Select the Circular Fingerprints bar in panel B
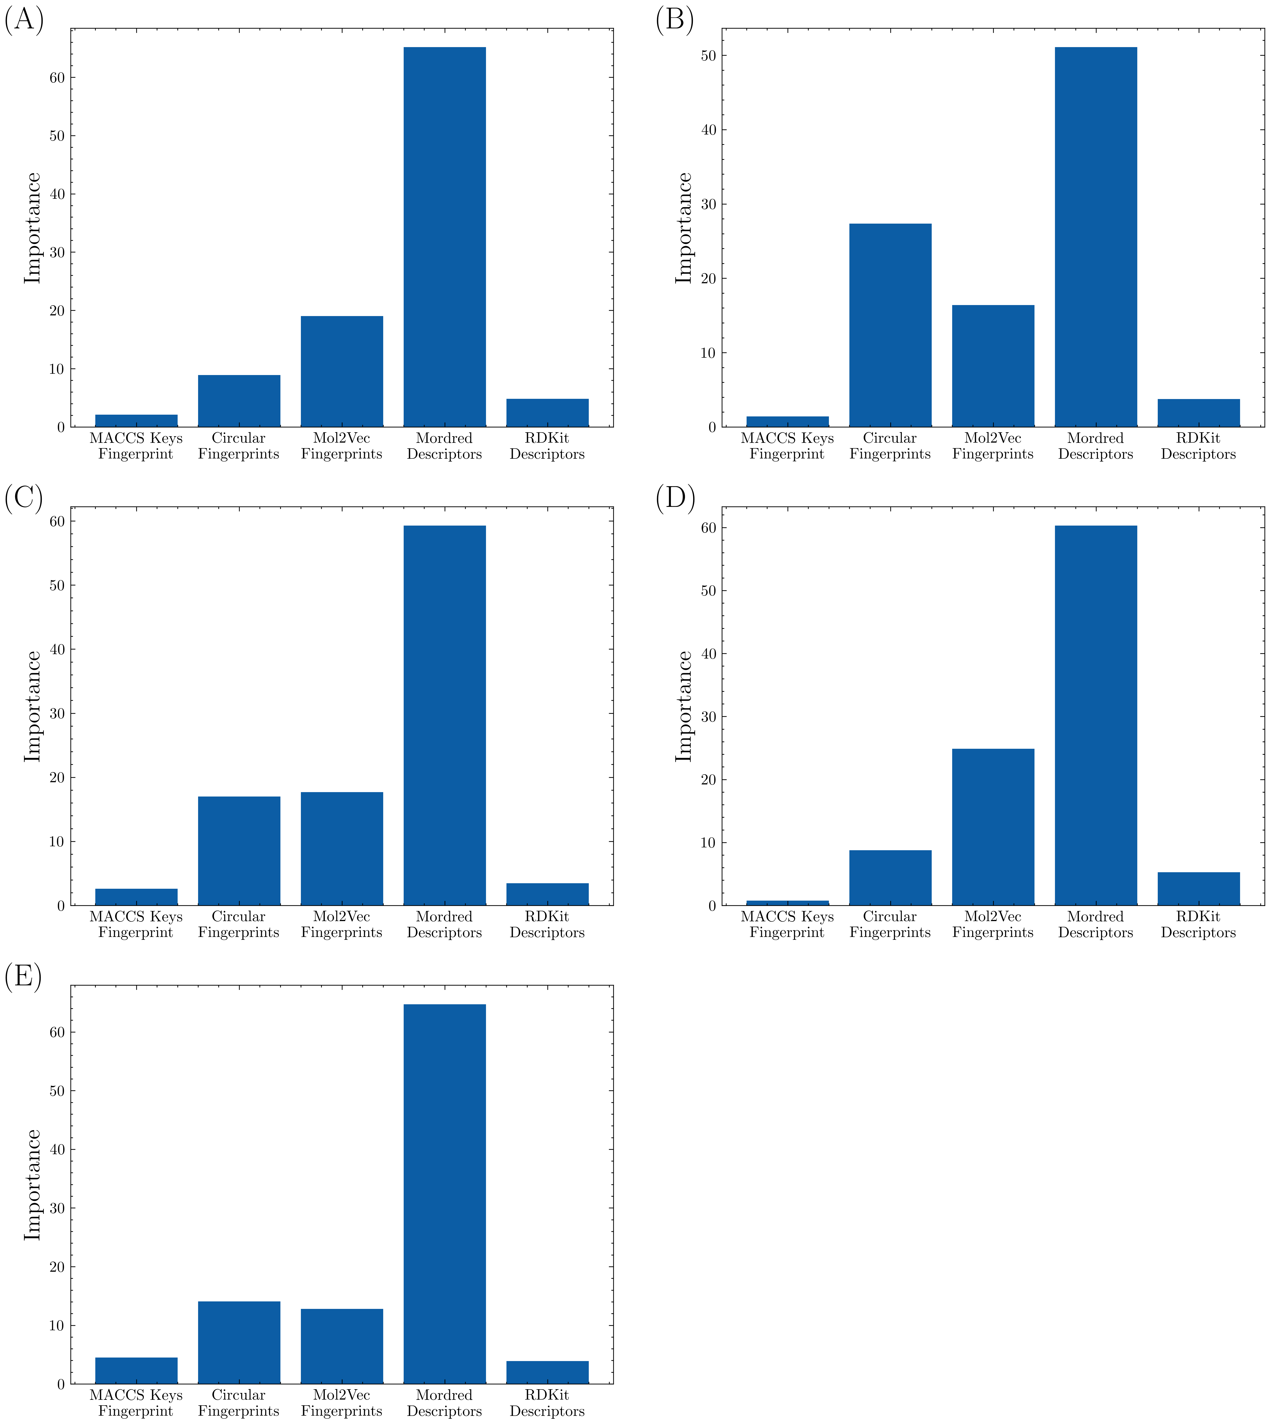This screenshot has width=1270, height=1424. pos(890,325)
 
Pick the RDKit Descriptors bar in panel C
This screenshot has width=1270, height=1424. pos(547,894)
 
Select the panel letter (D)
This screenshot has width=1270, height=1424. pos(675,499)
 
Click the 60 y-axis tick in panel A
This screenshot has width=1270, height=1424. pos(57,77)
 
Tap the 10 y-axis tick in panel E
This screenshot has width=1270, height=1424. pos(57,1326)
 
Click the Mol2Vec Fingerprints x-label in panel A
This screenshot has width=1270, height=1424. pos(341,446)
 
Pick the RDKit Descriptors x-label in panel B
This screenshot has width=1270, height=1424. pos(1198,446)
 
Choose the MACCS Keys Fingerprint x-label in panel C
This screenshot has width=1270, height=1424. pos(136,924)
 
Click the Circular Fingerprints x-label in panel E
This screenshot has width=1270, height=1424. pos(239,1402)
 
